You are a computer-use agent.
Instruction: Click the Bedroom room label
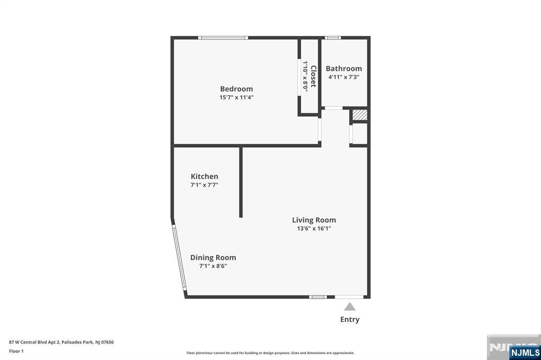[236, 89]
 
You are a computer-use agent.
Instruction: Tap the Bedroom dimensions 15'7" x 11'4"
[236, 97]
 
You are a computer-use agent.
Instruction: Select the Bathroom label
[343, 69]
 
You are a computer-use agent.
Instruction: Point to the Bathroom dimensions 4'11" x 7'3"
[343, 77]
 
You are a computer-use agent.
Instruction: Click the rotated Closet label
[313, 76]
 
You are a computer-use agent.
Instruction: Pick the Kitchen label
[204, 176]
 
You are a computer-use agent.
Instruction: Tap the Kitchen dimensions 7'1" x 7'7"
[204, 185]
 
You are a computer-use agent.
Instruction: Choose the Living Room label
[314, 220]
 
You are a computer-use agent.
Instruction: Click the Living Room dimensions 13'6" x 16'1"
[314, 228]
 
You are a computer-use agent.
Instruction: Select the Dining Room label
[213, 258]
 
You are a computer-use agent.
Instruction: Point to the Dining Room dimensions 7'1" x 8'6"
[213, 266]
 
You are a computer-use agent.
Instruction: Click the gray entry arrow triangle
[350, 307]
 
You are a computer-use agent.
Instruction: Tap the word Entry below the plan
[350, 319]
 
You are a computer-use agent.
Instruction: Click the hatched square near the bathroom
[359, 115]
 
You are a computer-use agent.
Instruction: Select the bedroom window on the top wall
[223, 37]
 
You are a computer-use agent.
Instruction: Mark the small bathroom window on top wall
[333, 37]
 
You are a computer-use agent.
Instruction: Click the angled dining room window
[180, 258]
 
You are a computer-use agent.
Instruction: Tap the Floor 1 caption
[16, 351]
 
